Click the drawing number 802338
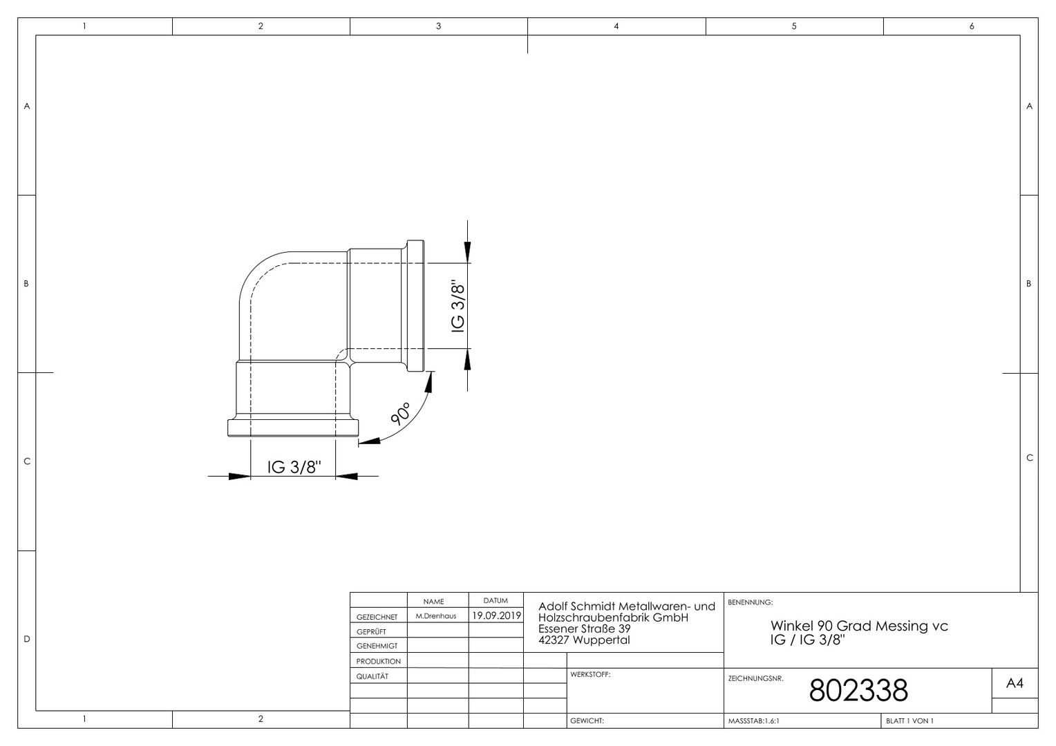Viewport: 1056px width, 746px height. pos(858,690)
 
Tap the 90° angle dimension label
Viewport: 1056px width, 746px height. pos(402,414)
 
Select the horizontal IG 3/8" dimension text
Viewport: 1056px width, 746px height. pos(294,467)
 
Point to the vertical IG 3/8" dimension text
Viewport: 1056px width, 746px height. pos(458,308)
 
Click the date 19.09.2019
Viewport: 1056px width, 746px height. pos(496,615)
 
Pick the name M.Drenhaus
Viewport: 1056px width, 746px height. pos(436,616)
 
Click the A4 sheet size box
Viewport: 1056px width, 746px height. pos(1015,683)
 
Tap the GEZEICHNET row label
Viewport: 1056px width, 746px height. pos(377,617)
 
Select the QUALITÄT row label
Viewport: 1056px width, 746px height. pos(373,676)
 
